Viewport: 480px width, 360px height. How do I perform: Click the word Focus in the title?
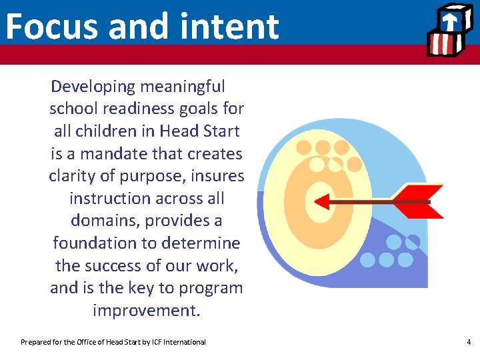click(51, 27)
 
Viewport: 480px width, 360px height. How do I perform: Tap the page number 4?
click(469, 342)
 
